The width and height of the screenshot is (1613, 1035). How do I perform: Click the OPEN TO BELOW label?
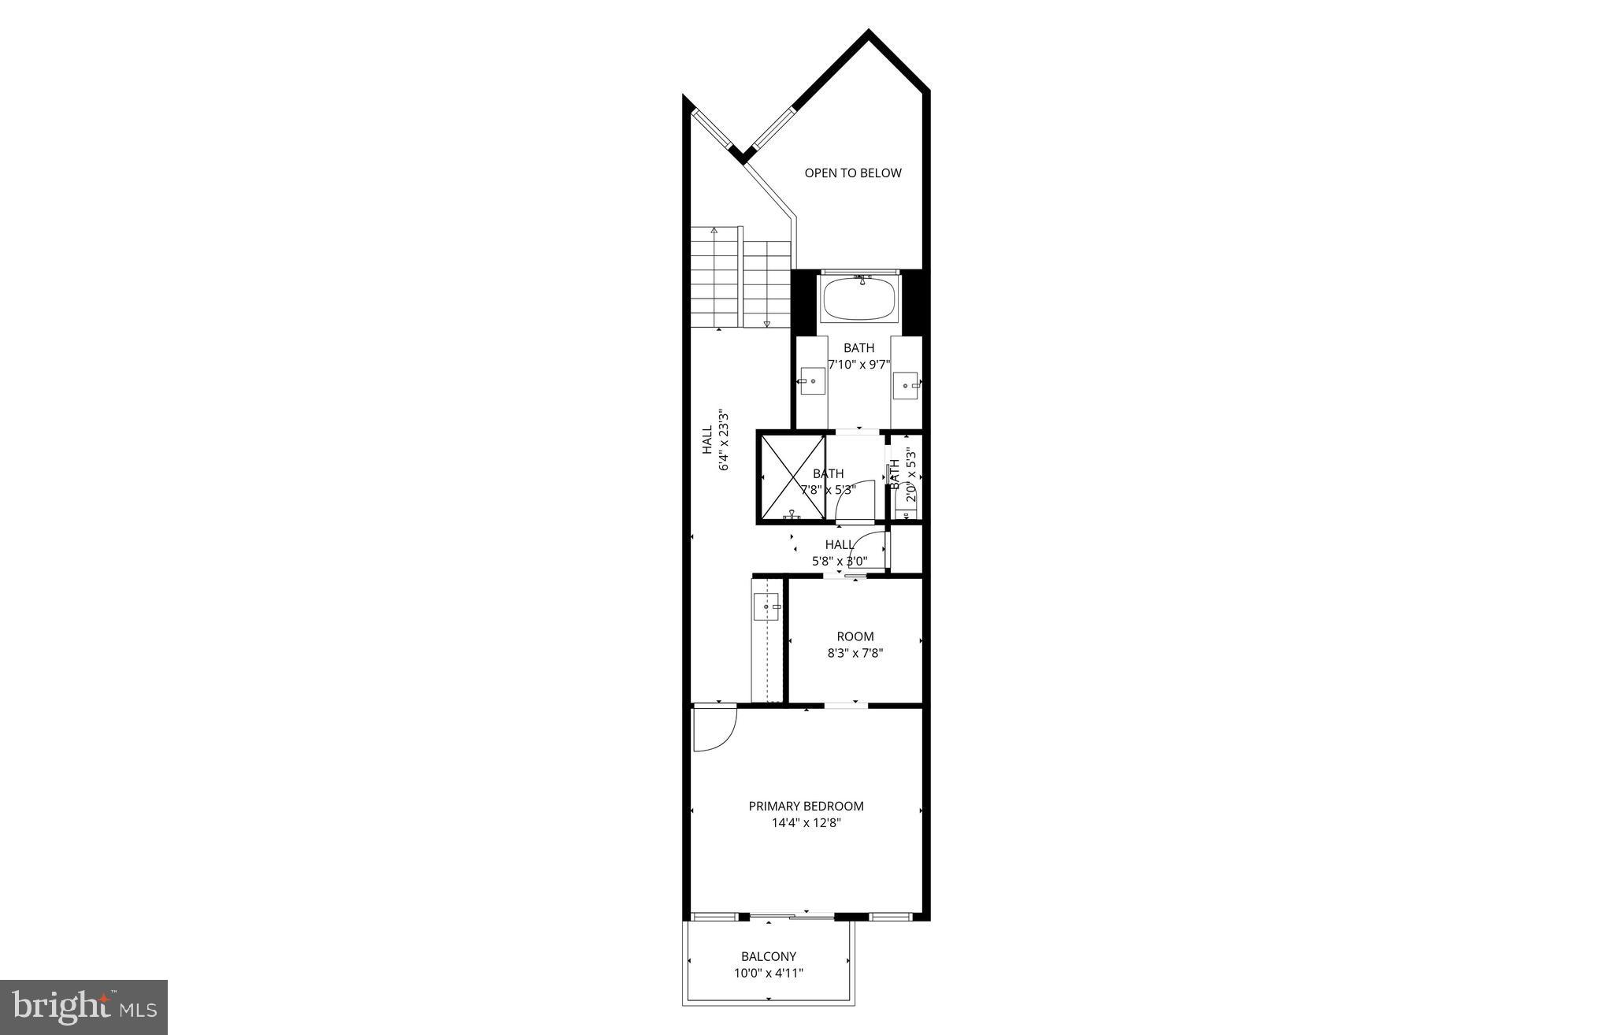pyautogui.click(x=853, y=173)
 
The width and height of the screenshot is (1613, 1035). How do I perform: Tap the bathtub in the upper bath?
pyautogui.click(x=859, y=299)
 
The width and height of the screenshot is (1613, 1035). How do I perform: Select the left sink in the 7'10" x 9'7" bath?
pyautogui.click(x=811, y=381)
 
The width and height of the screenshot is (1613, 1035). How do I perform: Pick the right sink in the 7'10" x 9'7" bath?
pyautogui.click(x=907, y=385)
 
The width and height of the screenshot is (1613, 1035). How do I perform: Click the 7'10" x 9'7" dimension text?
pyautogui.click(x=858, y=365)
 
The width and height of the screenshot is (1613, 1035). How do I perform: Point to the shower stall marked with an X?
pyautogui.click(x=792, y=477)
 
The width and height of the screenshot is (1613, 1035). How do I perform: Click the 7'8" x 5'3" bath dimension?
pyautogui.click(x=828, y=490)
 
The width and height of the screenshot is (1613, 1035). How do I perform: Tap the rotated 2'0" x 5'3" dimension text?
pyautogui.click(x=910, y=475)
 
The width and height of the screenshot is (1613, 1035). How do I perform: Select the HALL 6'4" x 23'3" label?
pyautogui.click(x=715, y=441)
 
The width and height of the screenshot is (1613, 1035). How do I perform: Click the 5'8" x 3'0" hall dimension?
pyautogui.click(x=840, y=562)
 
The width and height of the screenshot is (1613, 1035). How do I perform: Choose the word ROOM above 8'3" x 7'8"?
pyautogui.click(x=855, y=636)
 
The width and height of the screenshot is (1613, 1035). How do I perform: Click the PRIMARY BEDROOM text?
pyautogui.click(x=806, y=806)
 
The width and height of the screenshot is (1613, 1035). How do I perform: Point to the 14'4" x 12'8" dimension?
pyautogui.click(x=806, y=823)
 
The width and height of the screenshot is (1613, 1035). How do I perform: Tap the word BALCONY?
pyautogui.click(x=769, y=957)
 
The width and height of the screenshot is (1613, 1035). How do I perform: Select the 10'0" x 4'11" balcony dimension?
pyautogui.click(x=769, y=974)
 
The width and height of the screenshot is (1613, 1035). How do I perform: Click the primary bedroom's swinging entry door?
pyautogui.click(x=713, y=729)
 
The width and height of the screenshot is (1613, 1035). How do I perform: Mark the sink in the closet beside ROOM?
pyautogui.click(x=766, y=607)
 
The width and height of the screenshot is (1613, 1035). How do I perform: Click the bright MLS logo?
pyautogui.click(x=84, y=1007)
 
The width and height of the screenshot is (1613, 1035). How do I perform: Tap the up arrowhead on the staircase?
pyautogui.click(x=714, y=232)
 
